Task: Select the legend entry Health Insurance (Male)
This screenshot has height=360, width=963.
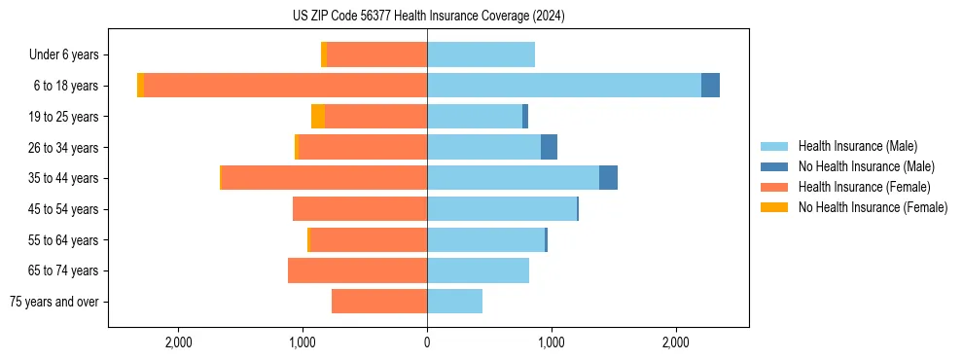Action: tap(857, 146)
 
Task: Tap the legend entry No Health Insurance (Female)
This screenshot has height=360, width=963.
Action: tap(873, 207)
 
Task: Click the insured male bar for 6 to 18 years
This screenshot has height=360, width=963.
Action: tap(564, 86)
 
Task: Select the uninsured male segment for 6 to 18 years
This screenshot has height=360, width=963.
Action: tap(710, 86)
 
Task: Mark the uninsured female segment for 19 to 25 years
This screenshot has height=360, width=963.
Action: tap(318, 117)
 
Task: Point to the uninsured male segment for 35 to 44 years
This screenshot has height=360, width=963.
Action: tap(608, 178)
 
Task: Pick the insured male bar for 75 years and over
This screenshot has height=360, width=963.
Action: tap(454, 302)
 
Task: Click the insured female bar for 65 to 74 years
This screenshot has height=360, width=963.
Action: tap(357, 270)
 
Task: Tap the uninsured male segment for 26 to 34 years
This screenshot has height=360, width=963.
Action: tap(549, 147)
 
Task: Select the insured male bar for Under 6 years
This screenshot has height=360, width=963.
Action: tap(481, 54)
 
